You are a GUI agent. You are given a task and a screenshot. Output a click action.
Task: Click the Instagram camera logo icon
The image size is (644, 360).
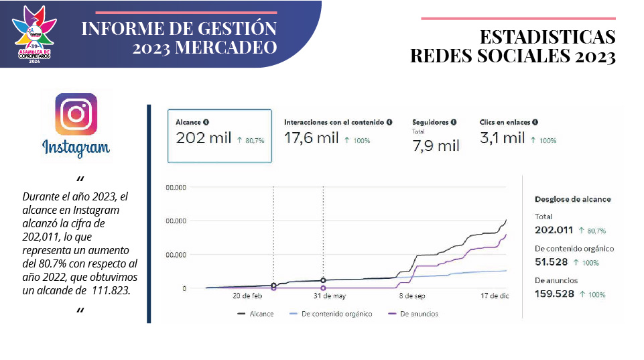76,114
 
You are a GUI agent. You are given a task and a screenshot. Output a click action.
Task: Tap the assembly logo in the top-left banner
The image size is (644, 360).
34,34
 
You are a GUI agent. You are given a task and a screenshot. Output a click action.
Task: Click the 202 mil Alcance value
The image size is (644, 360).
203,139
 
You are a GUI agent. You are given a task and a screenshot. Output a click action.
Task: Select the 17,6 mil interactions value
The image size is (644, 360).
312,139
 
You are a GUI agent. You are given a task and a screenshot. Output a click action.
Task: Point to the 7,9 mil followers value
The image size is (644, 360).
436,145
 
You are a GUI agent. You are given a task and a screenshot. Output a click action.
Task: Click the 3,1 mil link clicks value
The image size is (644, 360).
502,139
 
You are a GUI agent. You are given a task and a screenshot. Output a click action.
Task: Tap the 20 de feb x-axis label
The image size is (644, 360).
247,296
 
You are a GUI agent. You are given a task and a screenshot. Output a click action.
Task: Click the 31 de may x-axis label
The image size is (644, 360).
330,296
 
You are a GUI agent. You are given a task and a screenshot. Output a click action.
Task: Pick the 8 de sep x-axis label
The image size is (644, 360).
412,296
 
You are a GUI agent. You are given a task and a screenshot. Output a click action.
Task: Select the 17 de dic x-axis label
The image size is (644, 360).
495,296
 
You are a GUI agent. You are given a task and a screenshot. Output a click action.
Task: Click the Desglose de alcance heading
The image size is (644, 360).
573,199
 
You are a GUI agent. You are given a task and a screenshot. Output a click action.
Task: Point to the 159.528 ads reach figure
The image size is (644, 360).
554,294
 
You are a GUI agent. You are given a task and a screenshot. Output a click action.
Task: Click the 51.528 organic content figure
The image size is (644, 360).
551,261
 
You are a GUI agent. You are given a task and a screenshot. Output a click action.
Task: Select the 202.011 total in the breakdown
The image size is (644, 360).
554,230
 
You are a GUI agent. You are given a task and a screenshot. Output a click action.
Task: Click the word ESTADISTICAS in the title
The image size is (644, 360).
548,38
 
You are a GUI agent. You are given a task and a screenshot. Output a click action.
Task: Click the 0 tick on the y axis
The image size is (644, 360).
184,288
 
